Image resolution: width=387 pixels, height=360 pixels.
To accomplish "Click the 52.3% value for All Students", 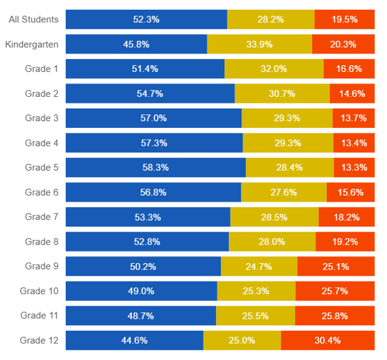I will pyautogui.click(x=146, y=19).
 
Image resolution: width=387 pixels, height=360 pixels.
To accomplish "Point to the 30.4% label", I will pyautogui.click(x=327, y=340).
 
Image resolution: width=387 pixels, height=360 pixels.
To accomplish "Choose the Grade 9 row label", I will pyautogui.click(x=42, y=266).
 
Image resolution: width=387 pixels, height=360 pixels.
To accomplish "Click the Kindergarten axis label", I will pyautogui.click(x=32, y=44).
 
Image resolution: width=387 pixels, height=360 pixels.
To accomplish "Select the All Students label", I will pyautogui.click(x=33, y=19).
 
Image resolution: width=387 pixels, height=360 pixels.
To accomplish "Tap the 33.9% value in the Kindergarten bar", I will pyautogui.click(x=259, y=44).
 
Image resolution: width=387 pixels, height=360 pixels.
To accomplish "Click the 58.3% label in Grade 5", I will pyautogui.click(x=156, y=168).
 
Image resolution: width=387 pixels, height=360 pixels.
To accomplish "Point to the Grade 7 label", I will pyautogui.click(x=42, y=217).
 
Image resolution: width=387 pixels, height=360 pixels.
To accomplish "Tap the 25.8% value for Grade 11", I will pyautogui.click(x=335, y=316).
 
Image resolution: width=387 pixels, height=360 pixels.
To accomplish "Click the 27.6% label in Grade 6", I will pyautogui.click(x=283, y=192).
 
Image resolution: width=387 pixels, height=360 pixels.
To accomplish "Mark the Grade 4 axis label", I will pyautogui.click(x=42, y=143).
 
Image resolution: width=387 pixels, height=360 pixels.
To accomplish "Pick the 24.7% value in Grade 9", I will pyautogui.click(x=259, y=266).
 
